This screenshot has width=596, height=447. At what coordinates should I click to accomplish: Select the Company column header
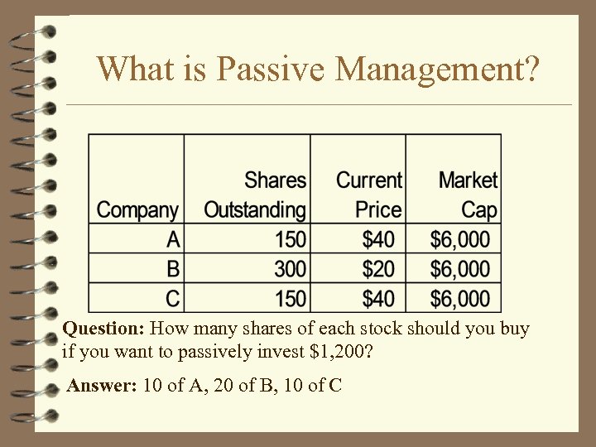137,209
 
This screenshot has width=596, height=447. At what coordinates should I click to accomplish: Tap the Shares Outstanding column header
255,195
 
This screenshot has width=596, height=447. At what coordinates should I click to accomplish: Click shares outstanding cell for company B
290,269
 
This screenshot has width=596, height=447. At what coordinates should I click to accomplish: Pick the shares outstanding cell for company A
290,240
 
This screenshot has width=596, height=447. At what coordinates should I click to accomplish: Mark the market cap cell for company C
460,298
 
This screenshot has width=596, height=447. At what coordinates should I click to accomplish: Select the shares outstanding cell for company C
290,298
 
